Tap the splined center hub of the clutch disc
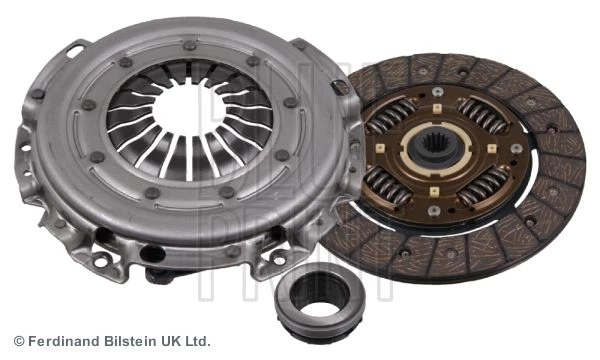click(x=437, y=148)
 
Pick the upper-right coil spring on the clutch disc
click(x=483, y=114)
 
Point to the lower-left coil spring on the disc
click(x=387, y=185)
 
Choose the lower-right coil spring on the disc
click(x=484, y=187)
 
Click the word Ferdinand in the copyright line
click(x=62, y=340)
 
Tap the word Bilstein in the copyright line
click(x=125, y=340)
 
